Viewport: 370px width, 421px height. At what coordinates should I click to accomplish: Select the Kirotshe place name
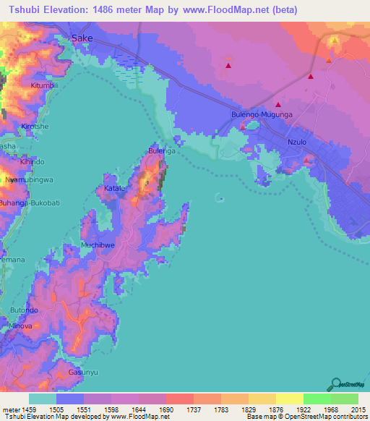35,126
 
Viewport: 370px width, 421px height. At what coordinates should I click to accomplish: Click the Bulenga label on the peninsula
161,150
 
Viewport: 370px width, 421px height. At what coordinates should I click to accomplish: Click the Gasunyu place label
82,371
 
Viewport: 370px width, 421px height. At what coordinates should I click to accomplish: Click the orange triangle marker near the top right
328,61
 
